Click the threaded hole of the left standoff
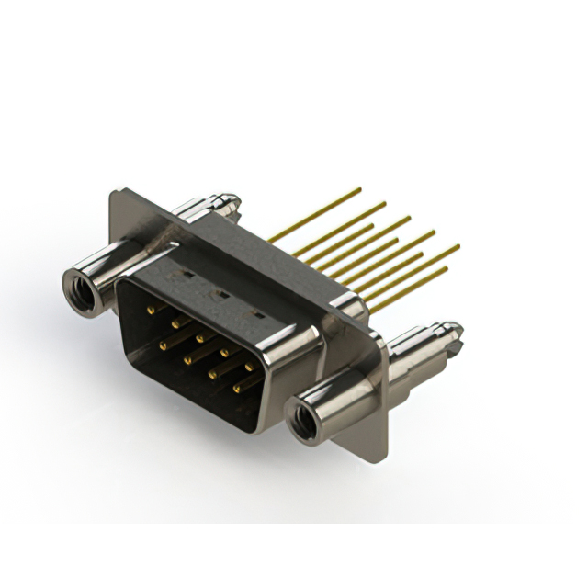click(x=80, y=288)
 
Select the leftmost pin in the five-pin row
click(x=150, y=311)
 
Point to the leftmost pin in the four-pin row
click(x=163, y=346)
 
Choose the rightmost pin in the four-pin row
click(x=237, y=389)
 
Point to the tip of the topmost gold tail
click(x=359, y=190)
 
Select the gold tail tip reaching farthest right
click(x=458, y=245)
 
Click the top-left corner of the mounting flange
click(x=112, y=193)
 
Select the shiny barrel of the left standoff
click(x=110, y=266)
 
